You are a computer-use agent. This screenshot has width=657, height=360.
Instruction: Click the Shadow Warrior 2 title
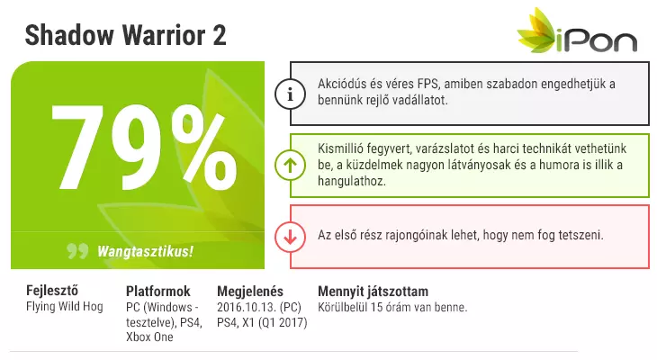[x=125, y=35]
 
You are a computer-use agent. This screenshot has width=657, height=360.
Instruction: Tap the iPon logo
[x=578, y=31]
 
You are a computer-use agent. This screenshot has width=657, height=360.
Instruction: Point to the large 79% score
[x=144, y=147]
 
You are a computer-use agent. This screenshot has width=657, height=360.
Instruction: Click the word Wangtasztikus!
[x=145, y=251]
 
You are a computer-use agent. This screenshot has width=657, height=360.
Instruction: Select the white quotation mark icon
[x=77, y=250]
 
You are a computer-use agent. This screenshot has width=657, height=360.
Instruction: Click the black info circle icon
[x=290, y=94]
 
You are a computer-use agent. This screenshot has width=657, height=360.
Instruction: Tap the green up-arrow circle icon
[x=290, y=165]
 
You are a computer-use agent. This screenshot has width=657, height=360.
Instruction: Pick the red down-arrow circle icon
[x=290, y=238]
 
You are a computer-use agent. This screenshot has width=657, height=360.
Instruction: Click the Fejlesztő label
[x=52, y=291]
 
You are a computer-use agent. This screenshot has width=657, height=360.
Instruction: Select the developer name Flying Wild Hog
[x=65, y=306]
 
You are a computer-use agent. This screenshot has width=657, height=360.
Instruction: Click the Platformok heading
[x=158, y=292]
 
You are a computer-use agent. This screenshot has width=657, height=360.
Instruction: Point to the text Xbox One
[x=149, y=337]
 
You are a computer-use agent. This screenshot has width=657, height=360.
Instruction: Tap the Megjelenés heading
[x=250, y=292]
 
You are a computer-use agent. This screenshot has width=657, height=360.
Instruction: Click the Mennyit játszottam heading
[x=373, y=292]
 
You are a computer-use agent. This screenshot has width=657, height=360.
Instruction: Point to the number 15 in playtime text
[x=377, y=307]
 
